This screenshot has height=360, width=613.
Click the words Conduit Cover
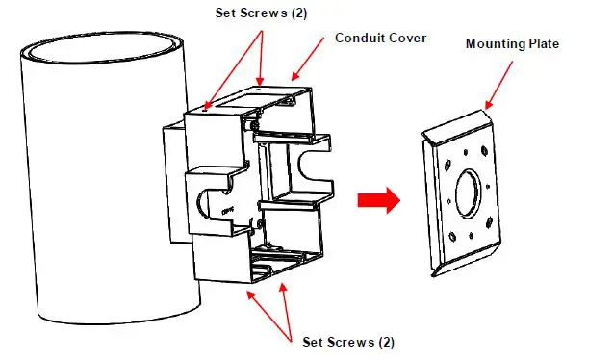tap(380, 39)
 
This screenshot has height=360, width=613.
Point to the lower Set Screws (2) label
tap(347, 342)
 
